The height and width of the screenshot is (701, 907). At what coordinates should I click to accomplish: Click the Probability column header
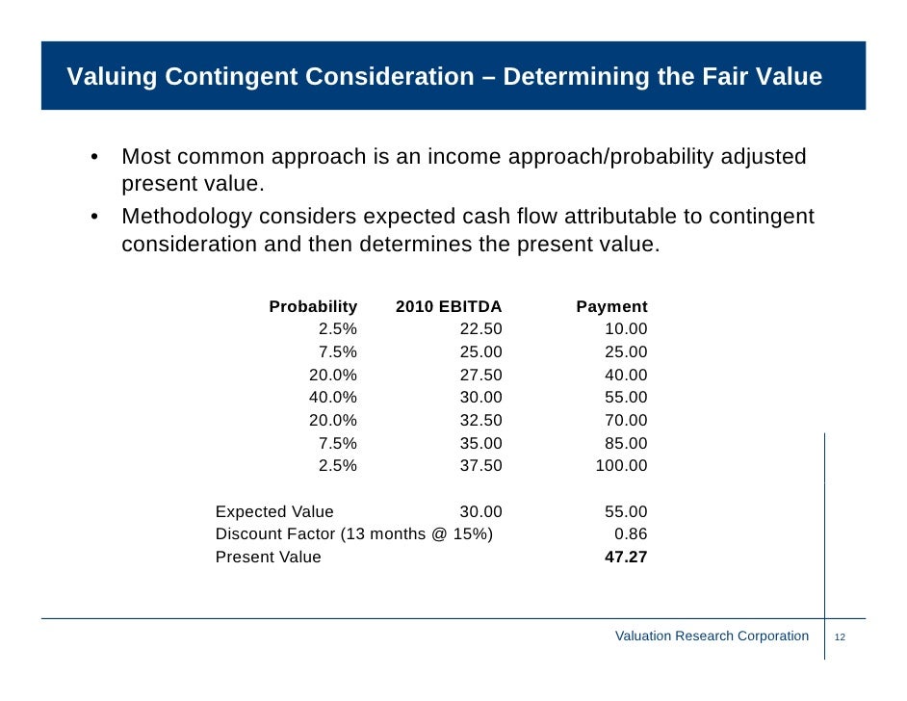coord(313,307)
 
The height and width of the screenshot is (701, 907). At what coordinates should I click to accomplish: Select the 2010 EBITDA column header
coord(449,307)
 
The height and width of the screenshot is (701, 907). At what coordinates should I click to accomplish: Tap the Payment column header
coord(611,307)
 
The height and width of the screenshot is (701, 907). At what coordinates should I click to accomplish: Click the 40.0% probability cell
coord(332,398)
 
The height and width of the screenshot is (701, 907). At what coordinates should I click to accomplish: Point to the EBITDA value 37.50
coord(480,466)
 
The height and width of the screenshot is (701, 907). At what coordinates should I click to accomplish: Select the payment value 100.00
coord(622,466)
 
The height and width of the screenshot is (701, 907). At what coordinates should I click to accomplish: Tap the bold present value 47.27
coord(626,558)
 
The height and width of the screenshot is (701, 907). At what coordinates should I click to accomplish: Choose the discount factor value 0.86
coord(631,534)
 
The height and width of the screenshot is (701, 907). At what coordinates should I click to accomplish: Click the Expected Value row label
coord(274,512)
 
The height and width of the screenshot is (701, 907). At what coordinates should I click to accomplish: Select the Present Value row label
coord(269,558)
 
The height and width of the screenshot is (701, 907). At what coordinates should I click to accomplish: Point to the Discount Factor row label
coord(353,534)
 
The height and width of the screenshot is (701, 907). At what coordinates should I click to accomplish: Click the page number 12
coord(840,637)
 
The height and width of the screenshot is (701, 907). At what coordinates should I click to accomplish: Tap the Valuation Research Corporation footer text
coord(712,636)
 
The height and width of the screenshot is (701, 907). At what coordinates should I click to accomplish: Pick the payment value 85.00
coord(626,444)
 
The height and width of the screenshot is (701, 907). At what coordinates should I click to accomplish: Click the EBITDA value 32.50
coord(480,421)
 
